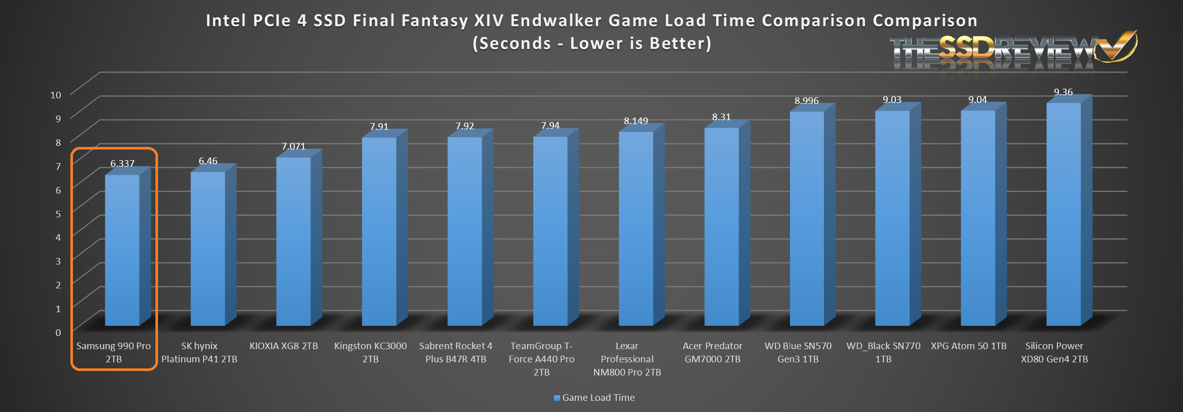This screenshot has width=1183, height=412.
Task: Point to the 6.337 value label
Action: (x=123, y=164)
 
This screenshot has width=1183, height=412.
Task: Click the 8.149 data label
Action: (x=636, y=121)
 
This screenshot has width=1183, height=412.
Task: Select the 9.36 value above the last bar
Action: (x=1063, y=92)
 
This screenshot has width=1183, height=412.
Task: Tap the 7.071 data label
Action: (x=294, y=146)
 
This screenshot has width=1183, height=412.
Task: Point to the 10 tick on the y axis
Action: (x=56, y=95)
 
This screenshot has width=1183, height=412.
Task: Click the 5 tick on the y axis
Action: (x=58, y=214)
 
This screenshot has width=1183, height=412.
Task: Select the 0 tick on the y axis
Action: (x=58, y=332)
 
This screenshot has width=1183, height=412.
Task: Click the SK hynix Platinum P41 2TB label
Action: (x=199, y=352)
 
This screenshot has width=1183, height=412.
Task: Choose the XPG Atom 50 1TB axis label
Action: (x=968, y=346)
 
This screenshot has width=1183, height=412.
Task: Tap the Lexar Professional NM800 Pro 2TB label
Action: (x=627, y=359)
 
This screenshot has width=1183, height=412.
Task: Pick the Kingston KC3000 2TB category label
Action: (x=370, y=352)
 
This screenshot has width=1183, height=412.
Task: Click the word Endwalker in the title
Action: (x=556, y=21)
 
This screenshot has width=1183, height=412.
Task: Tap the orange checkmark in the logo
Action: (x=1116, y=47)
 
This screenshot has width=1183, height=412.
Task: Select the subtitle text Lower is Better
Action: (x=640, y=44)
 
